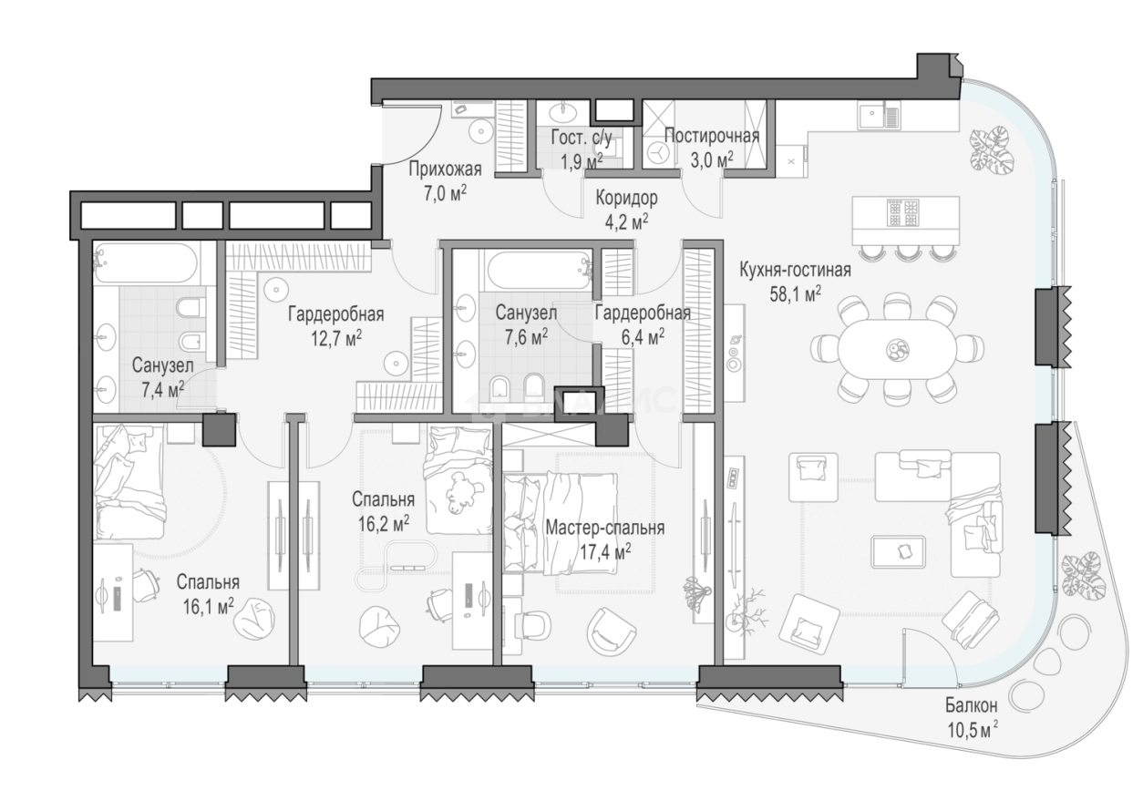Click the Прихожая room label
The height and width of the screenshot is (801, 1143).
point(445,169)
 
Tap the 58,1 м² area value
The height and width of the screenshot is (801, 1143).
point(796,293)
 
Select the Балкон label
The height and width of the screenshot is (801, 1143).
point(971,705)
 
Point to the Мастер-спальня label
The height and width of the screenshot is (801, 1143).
point(605,528)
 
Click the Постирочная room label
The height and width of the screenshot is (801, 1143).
point(712,136)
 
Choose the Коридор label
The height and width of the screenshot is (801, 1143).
point(626,198)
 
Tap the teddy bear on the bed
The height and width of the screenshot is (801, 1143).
point(463,492)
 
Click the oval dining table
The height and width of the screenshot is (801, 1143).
point(898,349)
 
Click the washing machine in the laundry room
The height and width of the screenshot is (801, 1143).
point(659,152)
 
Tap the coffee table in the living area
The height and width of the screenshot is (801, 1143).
point(898,551)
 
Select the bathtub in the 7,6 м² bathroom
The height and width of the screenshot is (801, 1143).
point(540,271)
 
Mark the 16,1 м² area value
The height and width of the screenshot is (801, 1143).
point(208,607)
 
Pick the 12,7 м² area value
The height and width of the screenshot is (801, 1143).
point(336,338)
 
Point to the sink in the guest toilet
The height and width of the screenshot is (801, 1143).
point(562,112)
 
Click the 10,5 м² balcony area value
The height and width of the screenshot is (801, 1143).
point(973,730)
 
